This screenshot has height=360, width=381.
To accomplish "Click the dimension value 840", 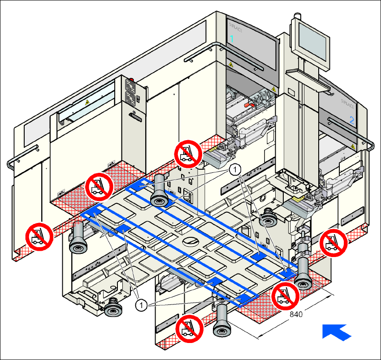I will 296,314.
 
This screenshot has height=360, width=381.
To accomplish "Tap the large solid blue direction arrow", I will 336,332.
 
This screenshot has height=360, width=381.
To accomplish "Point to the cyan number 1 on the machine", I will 232,39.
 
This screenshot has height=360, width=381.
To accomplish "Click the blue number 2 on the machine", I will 351,120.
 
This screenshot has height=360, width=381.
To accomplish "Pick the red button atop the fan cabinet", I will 131,81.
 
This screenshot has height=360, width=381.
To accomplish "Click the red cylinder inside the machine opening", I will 248,104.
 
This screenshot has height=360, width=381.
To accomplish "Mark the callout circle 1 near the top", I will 235,169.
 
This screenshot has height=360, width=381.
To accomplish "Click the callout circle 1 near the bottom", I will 142,305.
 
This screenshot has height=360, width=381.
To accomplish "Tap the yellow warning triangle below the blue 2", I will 354,146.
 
